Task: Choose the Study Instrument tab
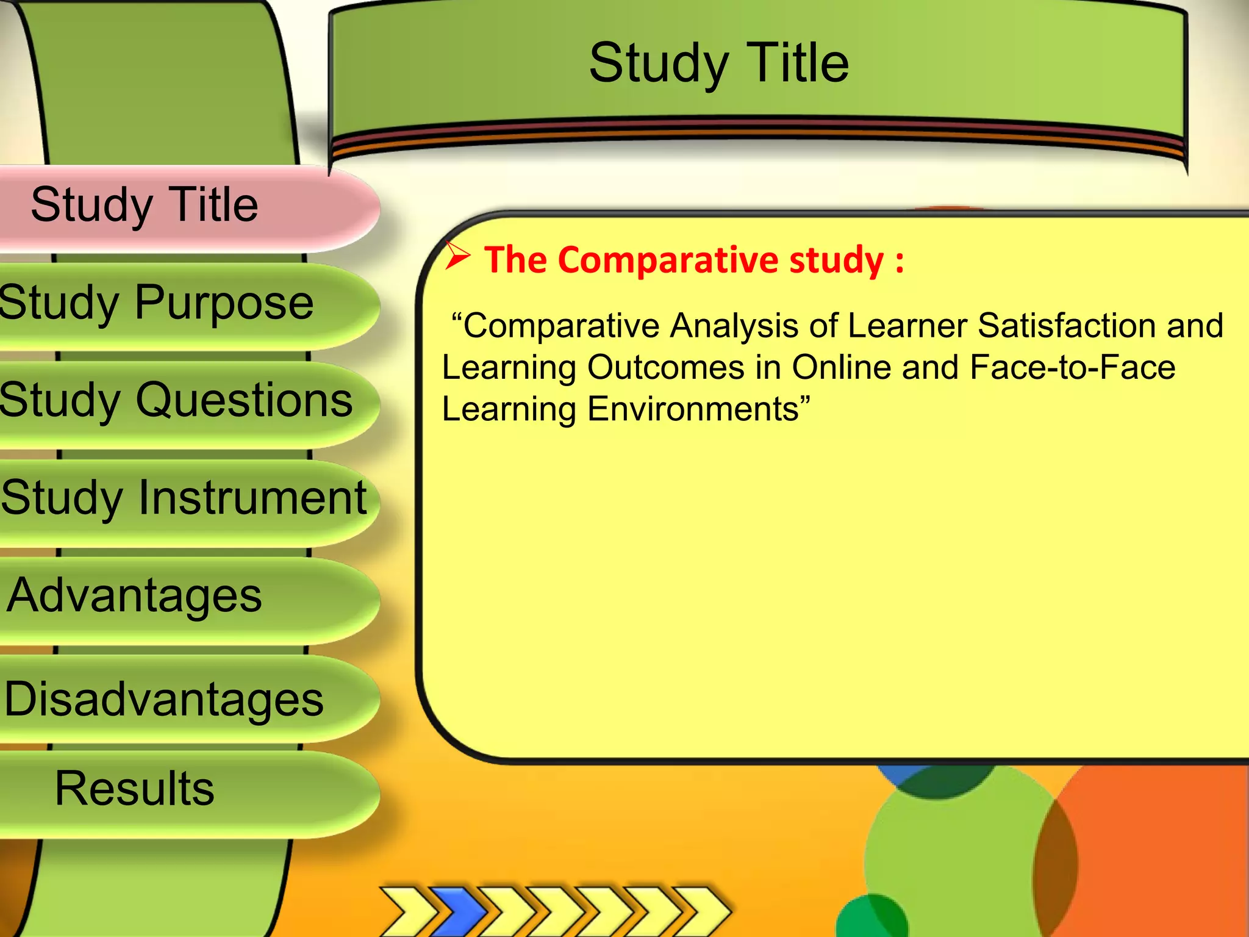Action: pyautogui.click(x=183, y=498)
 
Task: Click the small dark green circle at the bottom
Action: pyautogui.click(x=872, y=918)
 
